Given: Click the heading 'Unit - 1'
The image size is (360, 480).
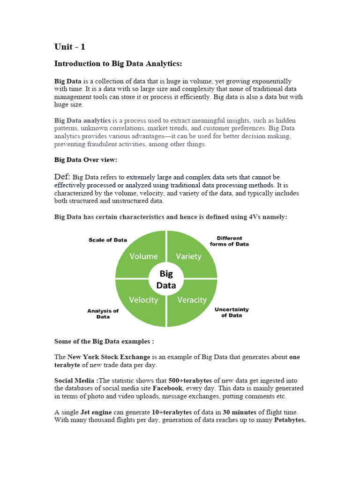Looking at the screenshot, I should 70,47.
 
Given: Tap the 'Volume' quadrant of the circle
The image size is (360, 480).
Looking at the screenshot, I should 143,256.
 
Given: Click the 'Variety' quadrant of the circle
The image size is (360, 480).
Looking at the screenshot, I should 188,256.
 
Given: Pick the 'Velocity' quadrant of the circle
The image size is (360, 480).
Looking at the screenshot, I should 143,300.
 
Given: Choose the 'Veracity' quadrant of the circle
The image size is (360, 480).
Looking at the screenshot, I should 192,300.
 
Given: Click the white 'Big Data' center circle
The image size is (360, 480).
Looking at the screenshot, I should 166,279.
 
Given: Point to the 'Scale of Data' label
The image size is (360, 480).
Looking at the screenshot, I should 108,240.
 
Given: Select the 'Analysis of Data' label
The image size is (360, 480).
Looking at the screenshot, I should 103,314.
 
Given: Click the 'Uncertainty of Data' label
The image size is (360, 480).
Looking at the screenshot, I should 232,312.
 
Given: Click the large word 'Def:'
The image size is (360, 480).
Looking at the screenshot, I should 62,177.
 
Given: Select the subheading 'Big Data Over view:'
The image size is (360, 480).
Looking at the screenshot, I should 86,160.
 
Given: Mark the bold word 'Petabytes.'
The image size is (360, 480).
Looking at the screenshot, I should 290,420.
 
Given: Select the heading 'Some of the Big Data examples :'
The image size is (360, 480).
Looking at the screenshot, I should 104,341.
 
